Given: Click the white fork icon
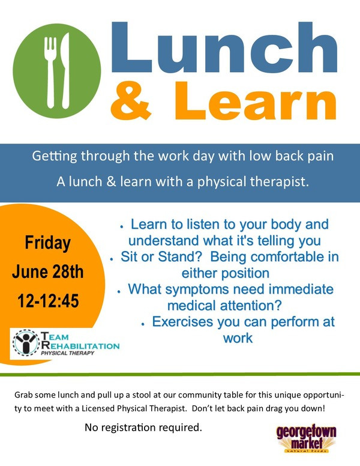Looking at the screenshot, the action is (51, 72).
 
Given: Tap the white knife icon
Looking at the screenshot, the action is (65, 71).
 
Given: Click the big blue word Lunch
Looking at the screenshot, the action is (224, 47).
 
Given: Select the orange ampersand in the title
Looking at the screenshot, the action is (131, 100).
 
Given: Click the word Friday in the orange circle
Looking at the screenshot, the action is (48, 243).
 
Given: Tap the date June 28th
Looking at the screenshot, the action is (48, 271).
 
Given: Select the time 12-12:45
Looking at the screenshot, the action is (48, 300).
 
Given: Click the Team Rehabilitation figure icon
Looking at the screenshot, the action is (26, 343).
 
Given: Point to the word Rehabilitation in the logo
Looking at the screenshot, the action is (80, 346).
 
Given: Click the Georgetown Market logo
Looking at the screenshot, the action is (306, 438).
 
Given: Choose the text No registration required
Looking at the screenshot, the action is (143, 428).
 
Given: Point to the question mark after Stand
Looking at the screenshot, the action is (199, 257).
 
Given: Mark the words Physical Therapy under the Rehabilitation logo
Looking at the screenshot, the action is (67, 353).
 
